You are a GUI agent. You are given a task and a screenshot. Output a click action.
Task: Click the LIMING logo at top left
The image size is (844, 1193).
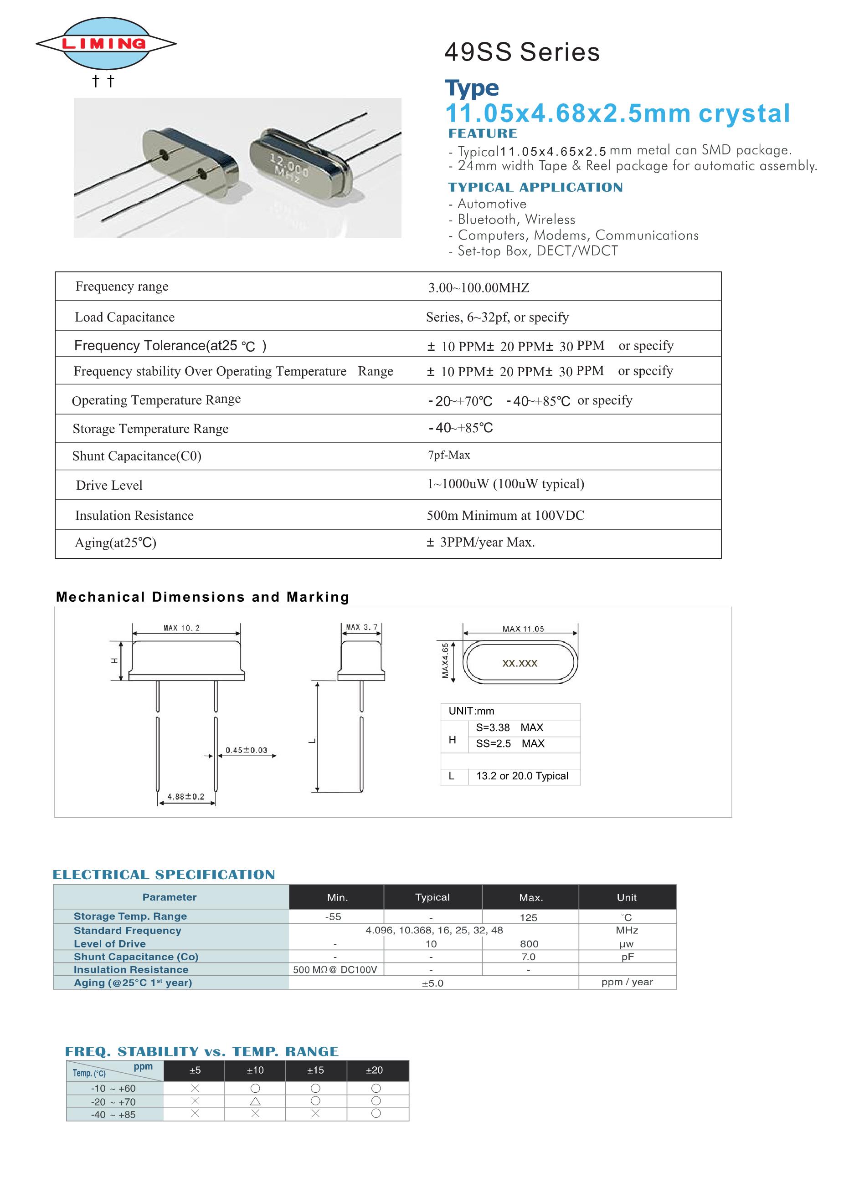[106, 44]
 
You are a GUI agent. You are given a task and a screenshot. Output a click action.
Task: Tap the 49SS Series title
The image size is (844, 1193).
[522, 52]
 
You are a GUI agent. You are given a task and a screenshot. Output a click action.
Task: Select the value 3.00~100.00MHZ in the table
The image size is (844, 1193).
[478, 288]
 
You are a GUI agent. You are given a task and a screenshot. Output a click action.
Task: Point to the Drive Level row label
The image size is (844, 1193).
[109, 485]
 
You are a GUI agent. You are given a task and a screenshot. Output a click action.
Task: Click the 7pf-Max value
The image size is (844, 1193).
[448, 455]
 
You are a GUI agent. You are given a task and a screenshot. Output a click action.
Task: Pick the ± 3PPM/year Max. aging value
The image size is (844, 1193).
[480, 543]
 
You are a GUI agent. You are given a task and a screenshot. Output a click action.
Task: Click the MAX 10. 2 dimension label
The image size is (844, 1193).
[181, 628]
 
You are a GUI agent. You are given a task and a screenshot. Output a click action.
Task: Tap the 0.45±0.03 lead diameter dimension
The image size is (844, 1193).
[247, 750]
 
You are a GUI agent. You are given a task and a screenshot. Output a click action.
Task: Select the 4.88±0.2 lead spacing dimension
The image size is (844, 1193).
[185, 797]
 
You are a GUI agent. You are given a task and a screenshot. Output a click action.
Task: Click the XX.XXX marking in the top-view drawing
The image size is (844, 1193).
[520, 664]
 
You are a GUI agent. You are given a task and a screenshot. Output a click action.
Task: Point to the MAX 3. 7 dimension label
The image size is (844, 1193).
[362, 627]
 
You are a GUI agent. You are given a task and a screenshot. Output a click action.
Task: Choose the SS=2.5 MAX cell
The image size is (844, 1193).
[510, 743]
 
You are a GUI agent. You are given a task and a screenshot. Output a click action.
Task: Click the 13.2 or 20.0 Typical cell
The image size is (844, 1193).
[522, 776]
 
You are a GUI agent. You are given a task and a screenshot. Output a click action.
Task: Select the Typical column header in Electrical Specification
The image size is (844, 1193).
[432, 897]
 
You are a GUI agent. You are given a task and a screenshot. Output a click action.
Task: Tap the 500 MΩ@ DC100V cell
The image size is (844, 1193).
[335, 970]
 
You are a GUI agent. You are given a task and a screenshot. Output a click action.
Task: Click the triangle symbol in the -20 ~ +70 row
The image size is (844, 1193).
[255, 1101]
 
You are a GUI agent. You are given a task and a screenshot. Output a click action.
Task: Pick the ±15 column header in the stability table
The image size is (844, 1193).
[315, 1070]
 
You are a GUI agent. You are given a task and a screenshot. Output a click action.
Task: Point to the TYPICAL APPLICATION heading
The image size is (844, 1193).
[535, 188]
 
